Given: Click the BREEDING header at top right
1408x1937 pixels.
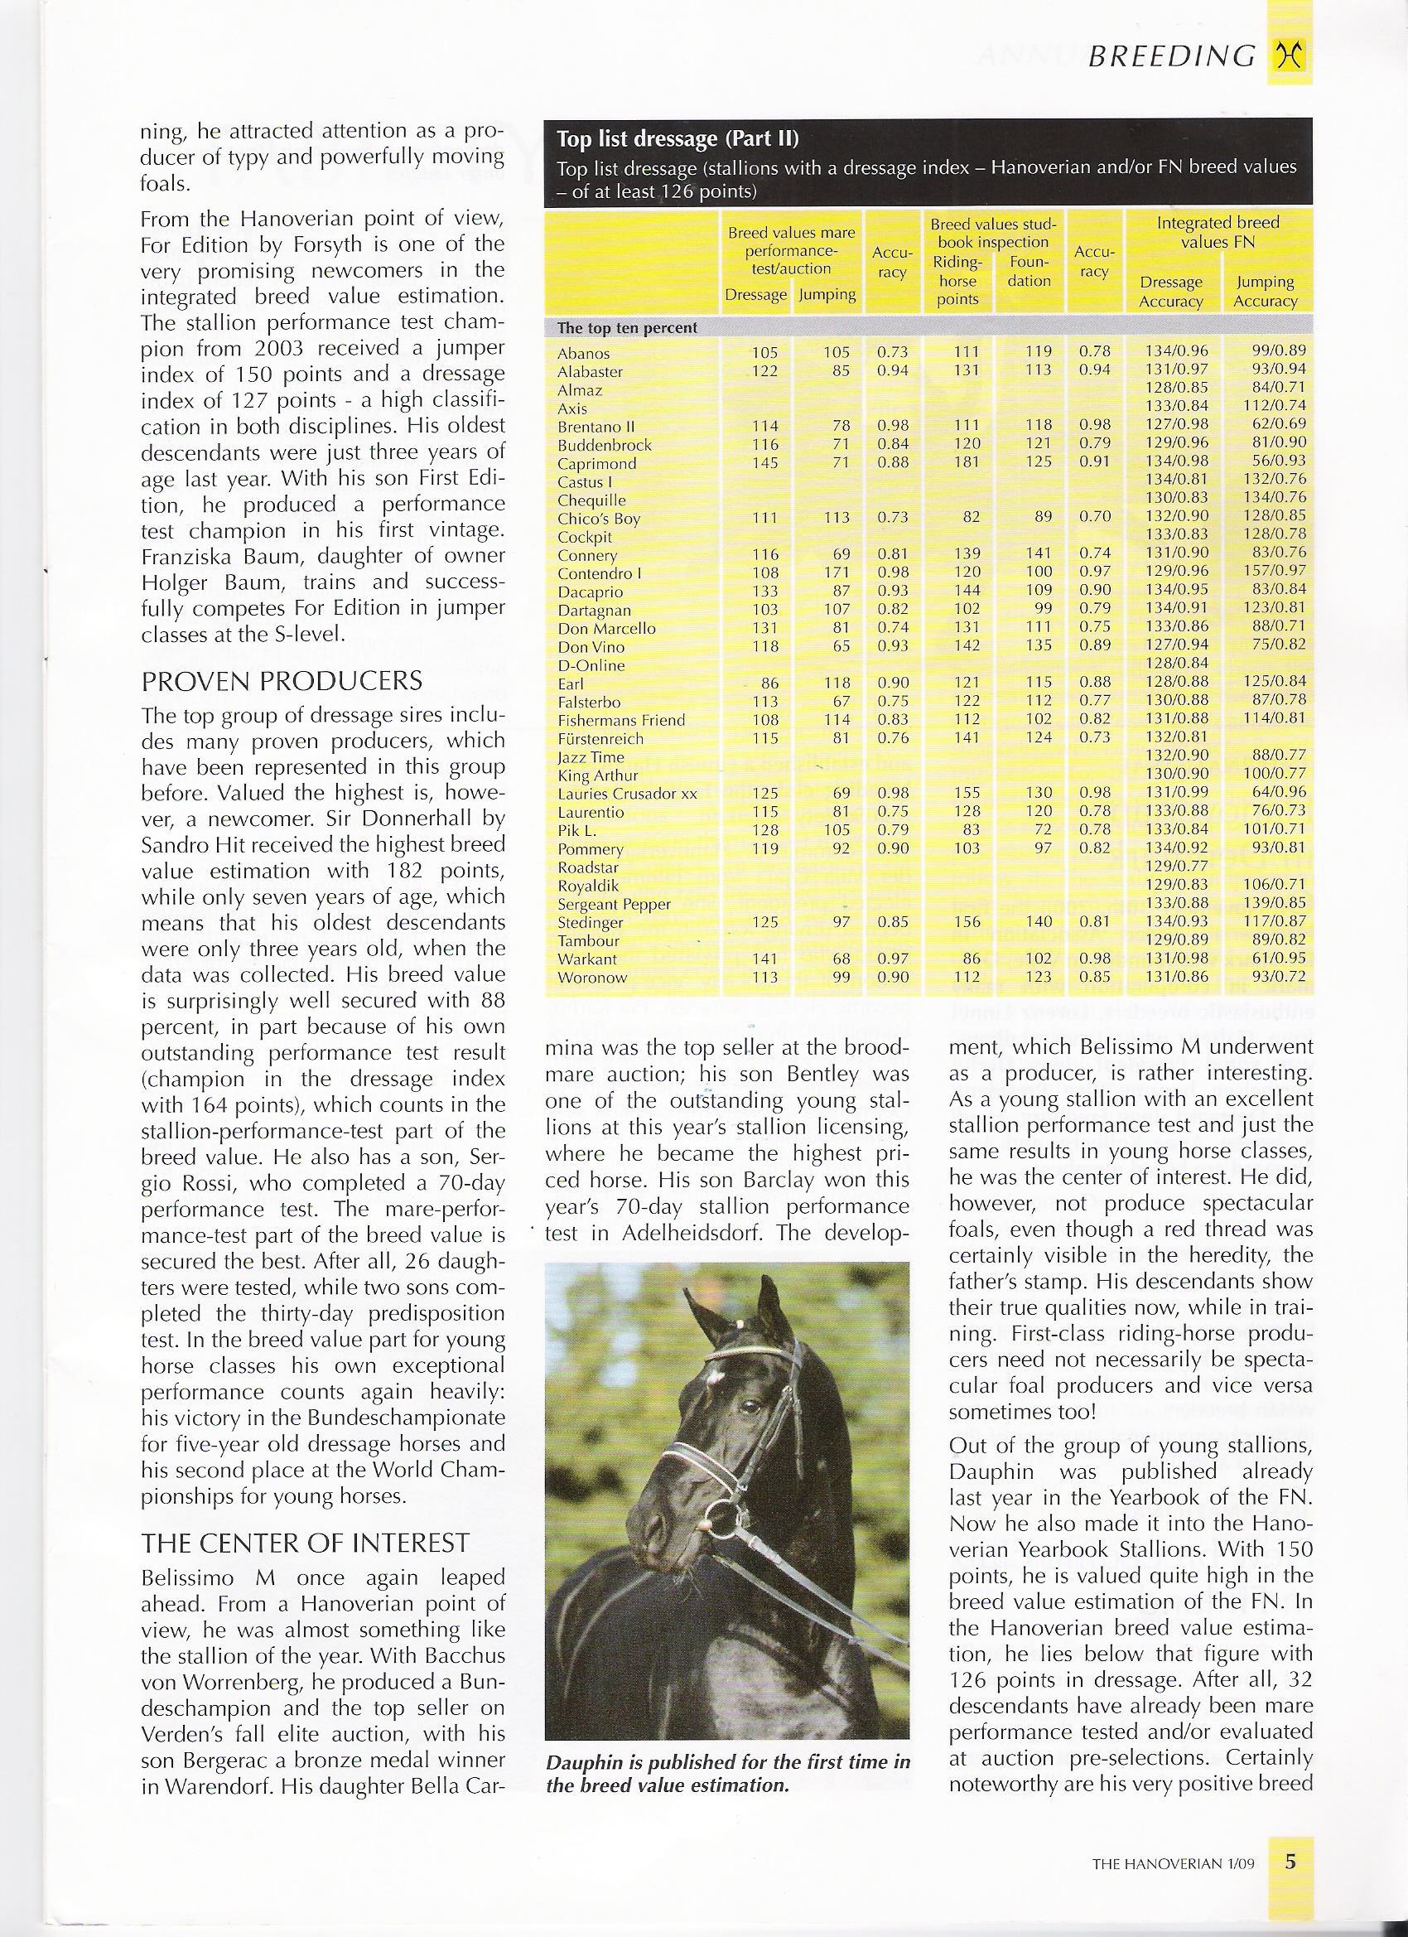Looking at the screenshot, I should click(1170, 56).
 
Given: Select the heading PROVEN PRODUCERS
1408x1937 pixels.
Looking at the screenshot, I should click(282, 681).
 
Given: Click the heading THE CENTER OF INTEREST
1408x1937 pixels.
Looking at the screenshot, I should click(305, 1543).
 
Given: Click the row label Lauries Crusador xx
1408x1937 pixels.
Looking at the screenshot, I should click(627, 794).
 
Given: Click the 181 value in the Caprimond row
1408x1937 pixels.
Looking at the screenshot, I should click(967, 462).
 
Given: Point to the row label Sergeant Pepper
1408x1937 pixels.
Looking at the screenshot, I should click(614, 905).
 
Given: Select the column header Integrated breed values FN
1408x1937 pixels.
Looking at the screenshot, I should click(1218, 231).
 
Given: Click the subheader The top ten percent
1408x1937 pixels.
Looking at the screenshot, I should click(627, 328).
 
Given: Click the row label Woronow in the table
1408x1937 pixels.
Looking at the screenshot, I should click(591, 978).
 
